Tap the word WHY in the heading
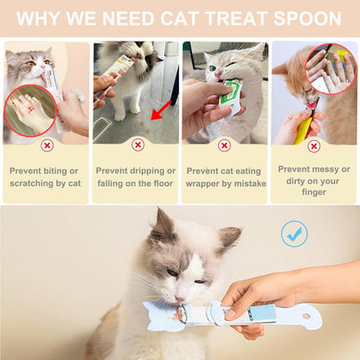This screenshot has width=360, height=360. pos(42,18)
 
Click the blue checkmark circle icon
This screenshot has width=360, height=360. pos(294,234)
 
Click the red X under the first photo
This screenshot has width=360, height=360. pos(47,146)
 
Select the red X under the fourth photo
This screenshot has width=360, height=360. pos(313,146)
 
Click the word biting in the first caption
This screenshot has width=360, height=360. pos(63,170)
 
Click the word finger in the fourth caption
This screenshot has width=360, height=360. pos(313,193)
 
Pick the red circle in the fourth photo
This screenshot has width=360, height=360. pos(331,68)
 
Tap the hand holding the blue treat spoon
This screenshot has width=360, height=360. pos(260,299)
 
